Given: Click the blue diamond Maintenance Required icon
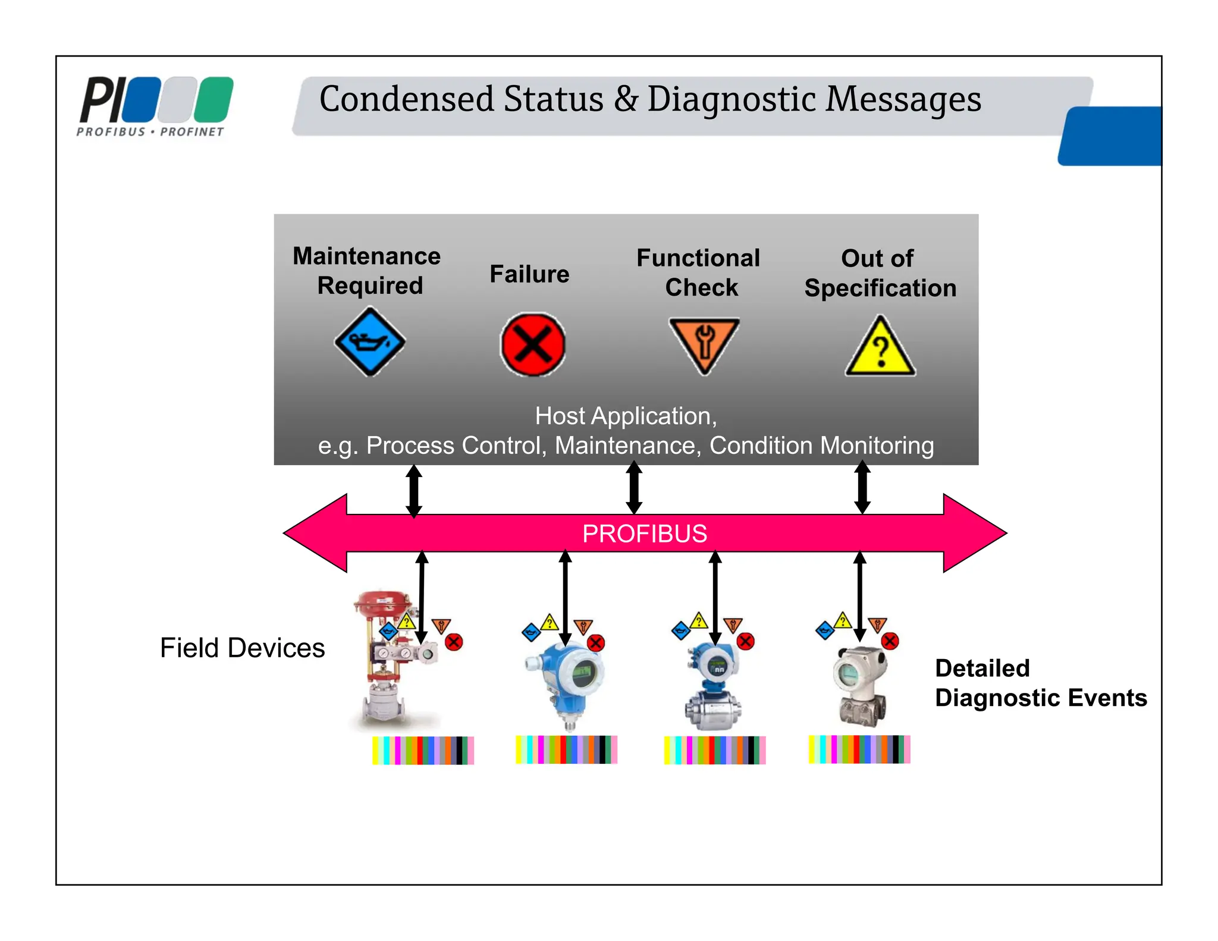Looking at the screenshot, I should point(369,342).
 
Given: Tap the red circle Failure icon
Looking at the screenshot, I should point(532,344).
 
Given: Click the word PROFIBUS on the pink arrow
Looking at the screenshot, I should point(644,534).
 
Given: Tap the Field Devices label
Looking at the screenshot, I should point(242,648).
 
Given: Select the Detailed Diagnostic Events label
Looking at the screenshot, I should point(1040,683).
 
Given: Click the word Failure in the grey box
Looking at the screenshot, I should point(529,274).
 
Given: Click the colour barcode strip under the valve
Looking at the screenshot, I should point(423,750).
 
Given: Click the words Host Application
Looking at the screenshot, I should point(626,416).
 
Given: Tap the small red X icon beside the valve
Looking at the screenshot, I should point(454,642).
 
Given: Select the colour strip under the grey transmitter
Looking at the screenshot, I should point(859,749).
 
